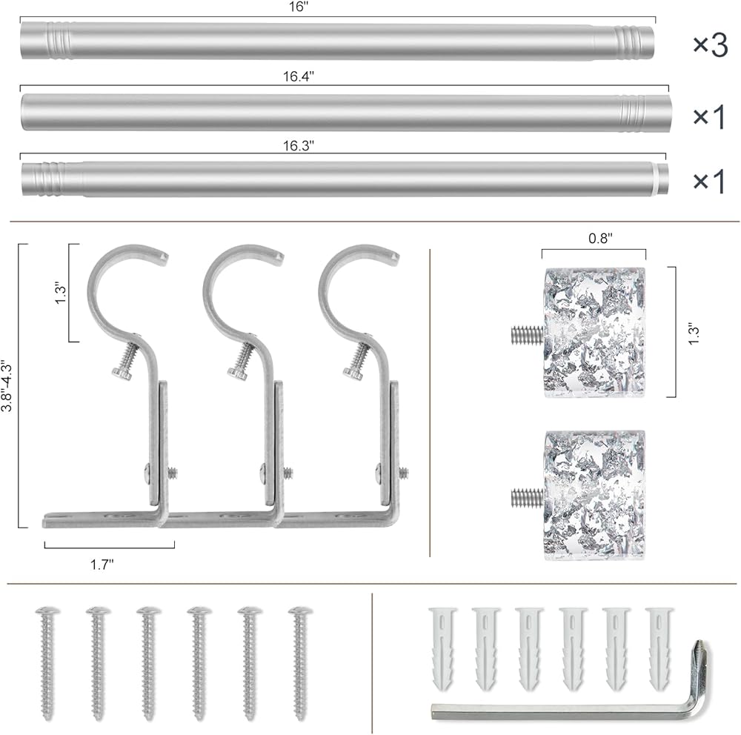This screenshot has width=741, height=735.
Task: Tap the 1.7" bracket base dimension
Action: coord(102,564)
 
